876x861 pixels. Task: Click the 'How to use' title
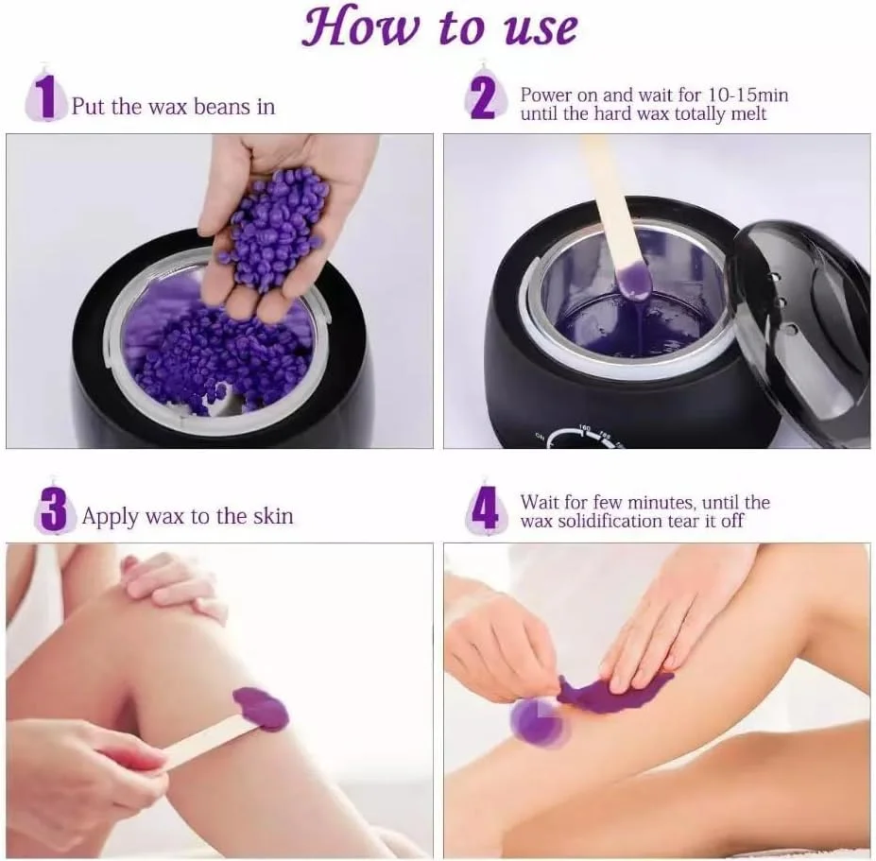[438, 28]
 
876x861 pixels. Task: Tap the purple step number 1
[43, 98]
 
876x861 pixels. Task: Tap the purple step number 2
[482, 98]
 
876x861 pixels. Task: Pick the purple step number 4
[484, 511]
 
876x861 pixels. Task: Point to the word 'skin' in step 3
[270, 516]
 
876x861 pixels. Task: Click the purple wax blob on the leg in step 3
[261, 709]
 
